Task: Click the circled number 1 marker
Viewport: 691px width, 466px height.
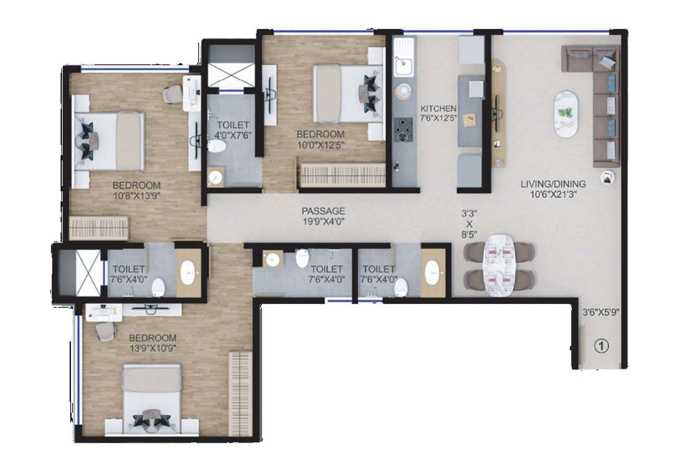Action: (601, 345)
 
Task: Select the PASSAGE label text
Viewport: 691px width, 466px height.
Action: (323, 210)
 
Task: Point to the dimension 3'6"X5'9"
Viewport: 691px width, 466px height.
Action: (601, 311)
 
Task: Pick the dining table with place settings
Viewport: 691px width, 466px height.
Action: (499, 265)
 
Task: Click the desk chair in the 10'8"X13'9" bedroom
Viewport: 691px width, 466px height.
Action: (171, 94)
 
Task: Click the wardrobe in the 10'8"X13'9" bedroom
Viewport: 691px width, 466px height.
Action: (99, 227)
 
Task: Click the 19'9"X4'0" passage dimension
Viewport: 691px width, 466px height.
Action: (323, 221)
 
